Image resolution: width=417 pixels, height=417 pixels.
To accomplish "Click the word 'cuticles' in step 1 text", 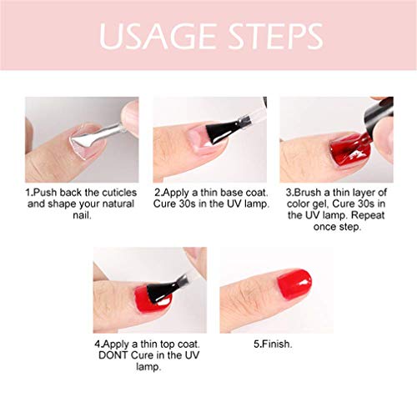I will pyautogui.click(x=111, y=191).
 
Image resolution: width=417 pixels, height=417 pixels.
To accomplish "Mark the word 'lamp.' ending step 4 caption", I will pyautogui.click(x=137, y=365).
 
